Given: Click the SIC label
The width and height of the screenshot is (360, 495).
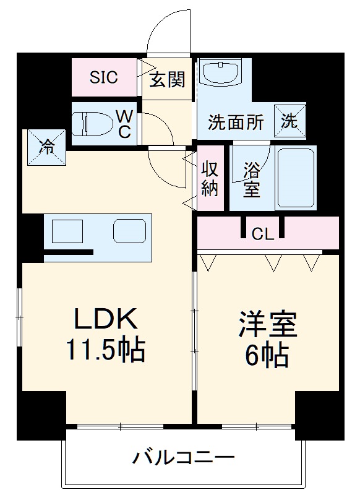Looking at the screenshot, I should point(104,78).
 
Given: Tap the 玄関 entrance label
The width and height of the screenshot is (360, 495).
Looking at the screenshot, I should point(167,80).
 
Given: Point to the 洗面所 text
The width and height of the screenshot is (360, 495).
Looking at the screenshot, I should point(236,122).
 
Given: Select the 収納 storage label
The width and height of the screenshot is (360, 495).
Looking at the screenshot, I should point(211,178).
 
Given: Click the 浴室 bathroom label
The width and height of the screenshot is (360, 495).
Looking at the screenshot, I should point(251,179).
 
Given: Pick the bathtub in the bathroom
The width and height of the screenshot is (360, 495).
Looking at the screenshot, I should point(296,178).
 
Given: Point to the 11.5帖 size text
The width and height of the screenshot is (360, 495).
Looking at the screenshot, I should point(106,351).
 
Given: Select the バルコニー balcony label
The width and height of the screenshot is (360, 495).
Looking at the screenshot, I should point(184,458).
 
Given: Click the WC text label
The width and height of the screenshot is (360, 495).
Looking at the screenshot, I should point(125,124).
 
